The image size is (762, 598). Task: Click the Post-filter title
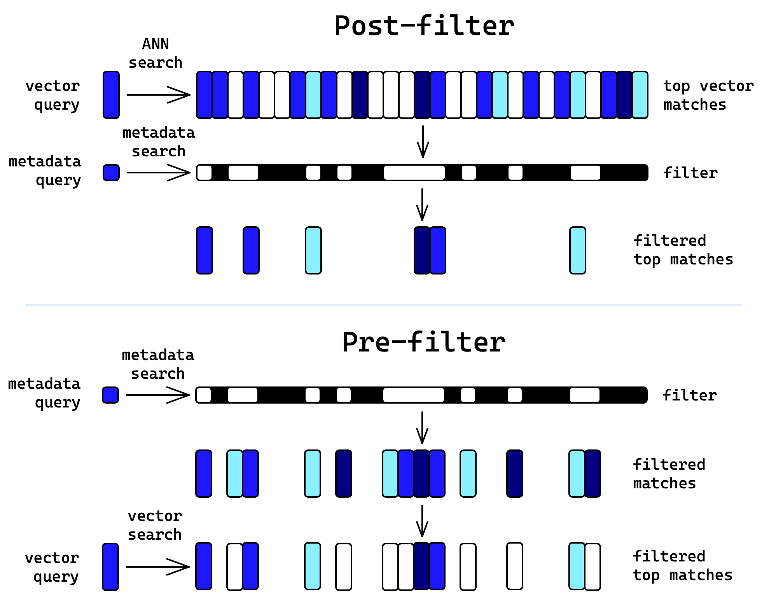click(424, 26)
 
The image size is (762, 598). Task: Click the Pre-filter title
click(423, 343)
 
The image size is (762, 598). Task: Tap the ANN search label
click(156, 53)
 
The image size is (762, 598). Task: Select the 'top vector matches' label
click(708, 95)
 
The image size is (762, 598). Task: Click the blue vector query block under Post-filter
click(111, 95)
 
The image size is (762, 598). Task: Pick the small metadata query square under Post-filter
click(111, 173)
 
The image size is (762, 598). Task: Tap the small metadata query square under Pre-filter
click(110, 395)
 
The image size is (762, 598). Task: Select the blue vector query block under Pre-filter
click(110, 567)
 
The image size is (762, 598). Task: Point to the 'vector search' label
click(155, 525)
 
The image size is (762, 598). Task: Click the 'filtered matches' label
click(669, 474)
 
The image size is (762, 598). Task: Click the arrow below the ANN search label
click(159, 95)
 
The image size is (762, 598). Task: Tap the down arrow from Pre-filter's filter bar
click(422, 427)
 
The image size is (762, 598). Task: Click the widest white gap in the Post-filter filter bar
click(414, 173)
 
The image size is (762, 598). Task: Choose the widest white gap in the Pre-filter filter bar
click(414, 395)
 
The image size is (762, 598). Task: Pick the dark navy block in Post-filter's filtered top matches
click(422, 250)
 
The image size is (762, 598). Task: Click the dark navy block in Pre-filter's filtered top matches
click(421, 566)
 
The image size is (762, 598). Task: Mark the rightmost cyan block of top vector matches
click(640, 95)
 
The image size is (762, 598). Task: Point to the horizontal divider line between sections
click(383, 305)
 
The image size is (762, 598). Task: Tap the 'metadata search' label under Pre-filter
click(158, 364)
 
